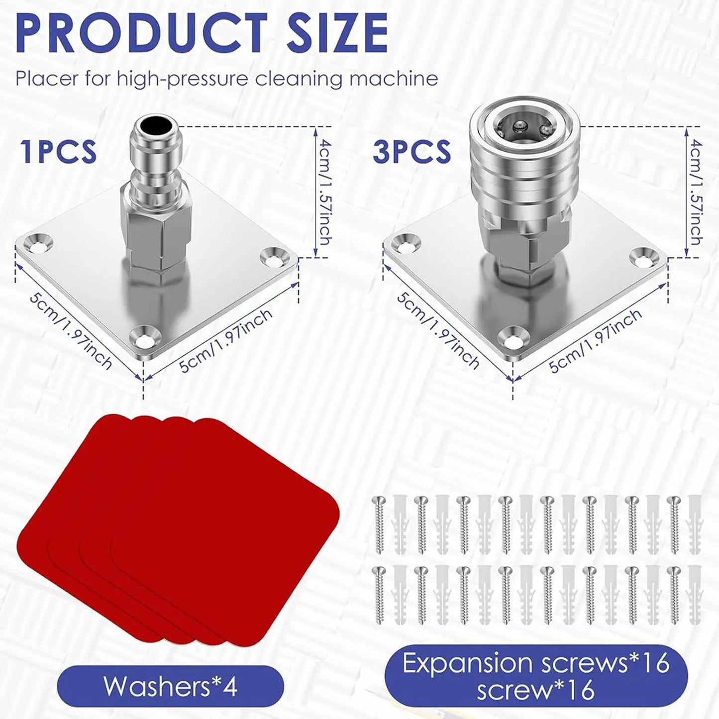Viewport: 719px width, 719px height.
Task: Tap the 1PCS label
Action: pyautogui.click(x=58, y=152)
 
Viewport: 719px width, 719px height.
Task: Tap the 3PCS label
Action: pyautogui.click(x=412, y=152)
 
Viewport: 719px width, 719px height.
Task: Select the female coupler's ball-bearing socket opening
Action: pyautogui.click(x=522, y=128)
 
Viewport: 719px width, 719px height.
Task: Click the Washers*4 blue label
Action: pyautogui.click(x=170, y=687)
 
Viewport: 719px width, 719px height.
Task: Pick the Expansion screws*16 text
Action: pyautogui.click(x=536, y=663)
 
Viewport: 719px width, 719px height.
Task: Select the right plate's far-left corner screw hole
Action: pyautogui.click(x=408, y=242)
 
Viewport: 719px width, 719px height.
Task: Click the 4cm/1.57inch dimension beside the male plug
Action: pyautogui.click(x=324, y=192)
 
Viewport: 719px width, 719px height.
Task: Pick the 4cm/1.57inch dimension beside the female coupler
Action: pyautogui.click(x=695, y=192)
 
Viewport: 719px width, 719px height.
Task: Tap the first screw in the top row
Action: pyautogui.click(x=380, y=525)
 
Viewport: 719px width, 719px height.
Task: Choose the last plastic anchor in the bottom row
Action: pyautogui.click(x=695, y=595)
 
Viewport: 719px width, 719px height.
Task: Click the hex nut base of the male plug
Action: pyautogui.click(x=156, y=239)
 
